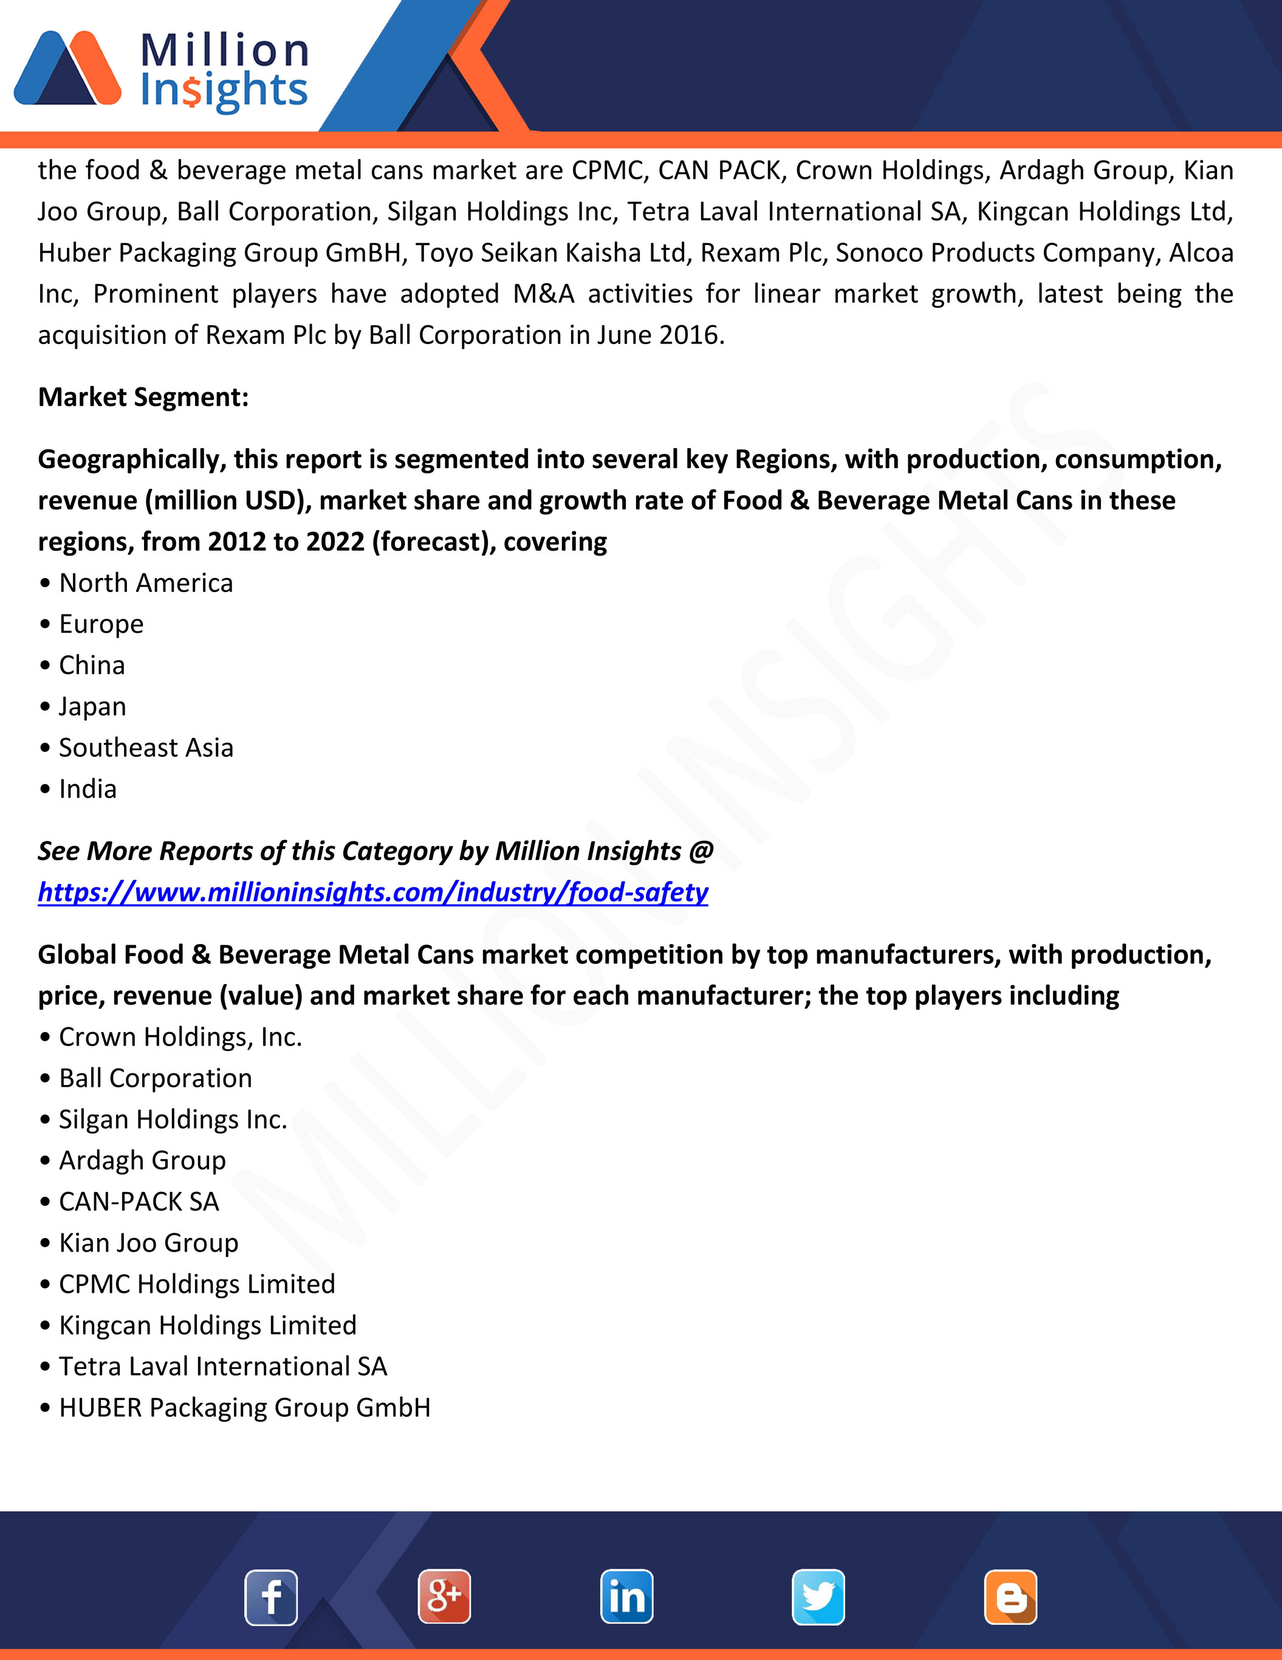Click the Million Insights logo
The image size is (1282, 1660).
(x=161, y=70)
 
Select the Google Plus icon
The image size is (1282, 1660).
(x=445, y=1596)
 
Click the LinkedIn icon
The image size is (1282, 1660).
(x=627, y=1596)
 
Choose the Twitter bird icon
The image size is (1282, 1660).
(x=818, y=1596)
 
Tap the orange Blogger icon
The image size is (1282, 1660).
(x=1010, y=1597)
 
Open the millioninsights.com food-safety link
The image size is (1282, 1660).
(x=373, y=892)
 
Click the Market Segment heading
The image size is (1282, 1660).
(x=143, y=398)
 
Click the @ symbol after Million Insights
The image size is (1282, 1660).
(x=701, y=852)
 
